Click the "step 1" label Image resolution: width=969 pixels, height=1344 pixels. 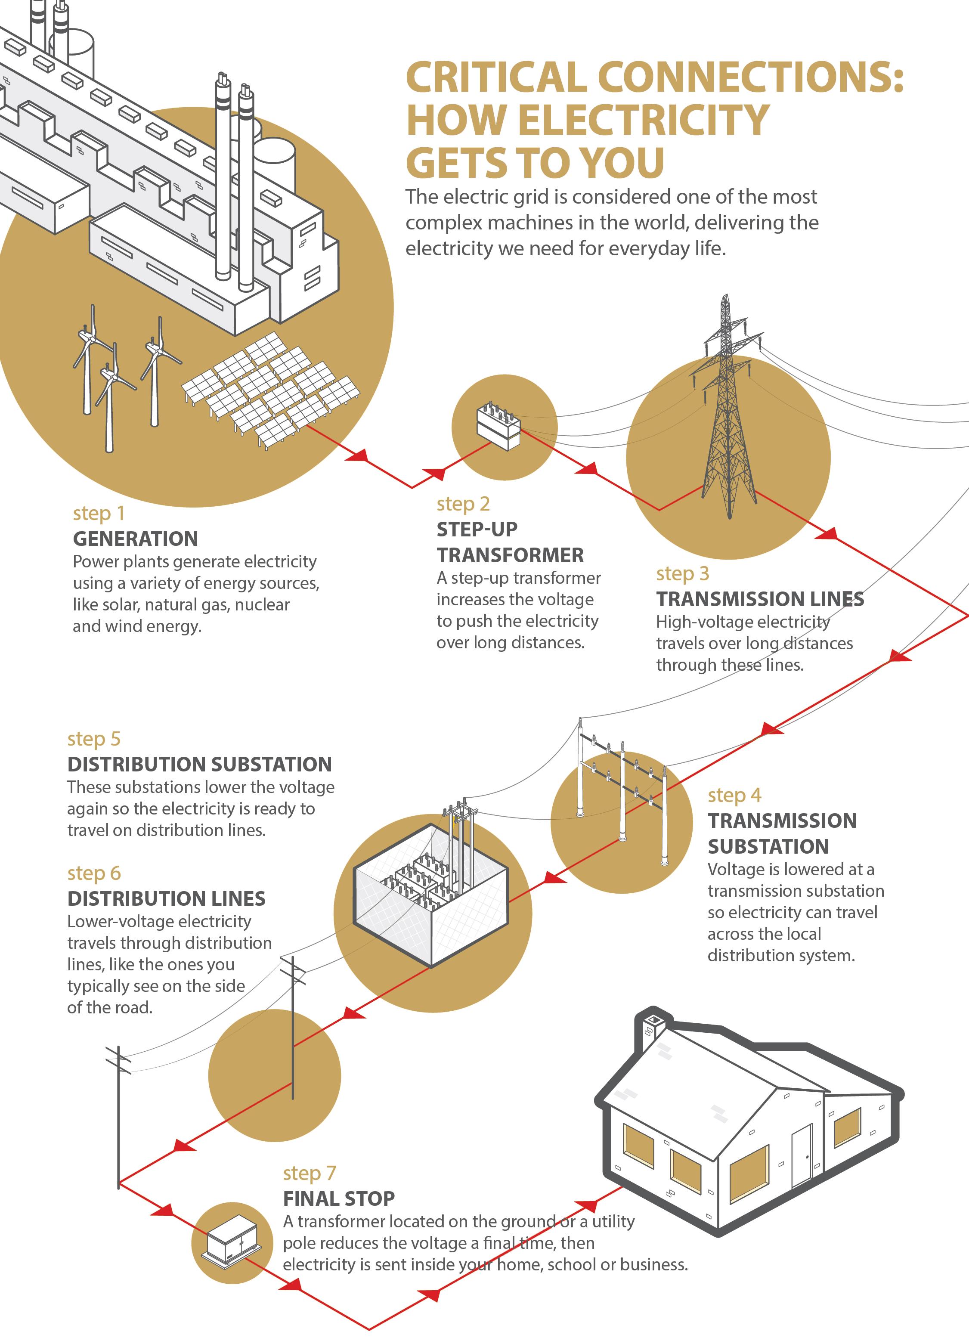[99, 513]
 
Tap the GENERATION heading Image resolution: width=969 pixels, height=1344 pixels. [135, 539]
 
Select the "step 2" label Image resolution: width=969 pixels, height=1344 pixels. [463, 504]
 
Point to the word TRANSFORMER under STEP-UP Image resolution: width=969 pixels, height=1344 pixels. [510, 555]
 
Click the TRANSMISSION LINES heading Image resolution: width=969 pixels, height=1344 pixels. [759, 599]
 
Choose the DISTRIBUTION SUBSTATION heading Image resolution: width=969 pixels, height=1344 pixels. [199, 765]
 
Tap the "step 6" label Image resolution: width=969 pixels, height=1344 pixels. [94, 873]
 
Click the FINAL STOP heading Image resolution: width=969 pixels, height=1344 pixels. [338, 1199]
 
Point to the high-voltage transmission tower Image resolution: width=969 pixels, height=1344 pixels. [727, 415]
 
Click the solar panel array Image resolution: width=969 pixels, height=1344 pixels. [269, 388]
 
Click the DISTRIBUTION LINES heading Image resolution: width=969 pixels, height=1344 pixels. [166, 899]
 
